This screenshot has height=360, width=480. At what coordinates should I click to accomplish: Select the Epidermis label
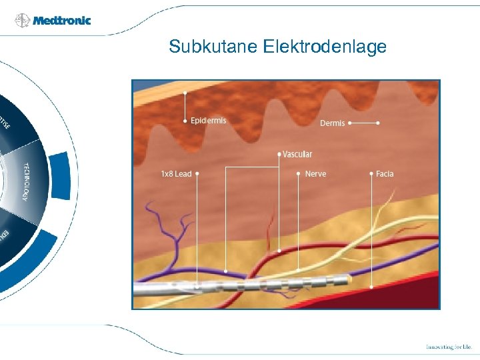(208, 121)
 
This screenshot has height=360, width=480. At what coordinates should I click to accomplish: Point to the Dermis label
(332, 123)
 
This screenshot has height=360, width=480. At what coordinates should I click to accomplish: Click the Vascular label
(297, 155)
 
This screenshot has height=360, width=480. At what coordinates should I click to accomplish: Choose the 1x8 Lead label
(176, 174)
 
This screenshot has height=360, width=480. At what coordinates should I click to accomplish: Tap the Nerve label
(315, 174)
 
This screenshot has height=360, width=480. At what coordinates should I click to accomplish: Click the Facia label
(385, 174)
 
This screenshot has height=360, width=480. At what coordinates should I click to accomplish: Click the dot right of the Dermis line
(379, 123)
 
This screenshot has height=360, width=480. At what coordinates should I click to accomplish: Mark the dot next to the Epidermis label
(185, 121)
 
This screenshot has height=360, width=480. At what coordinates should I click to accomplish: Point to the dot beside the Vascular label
(279, 154)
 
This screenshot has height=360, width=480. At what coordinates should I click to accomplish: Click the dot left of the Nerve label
(298, 173)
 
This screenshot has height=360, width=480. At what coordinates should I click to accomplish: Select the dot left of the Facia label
(371, 173)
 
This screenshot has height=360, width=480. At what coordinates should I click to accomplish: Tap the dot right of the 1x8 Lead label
(197, 173)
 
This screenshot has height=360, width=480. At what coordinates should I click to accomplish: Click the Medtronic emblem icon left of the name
(23, 21)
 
